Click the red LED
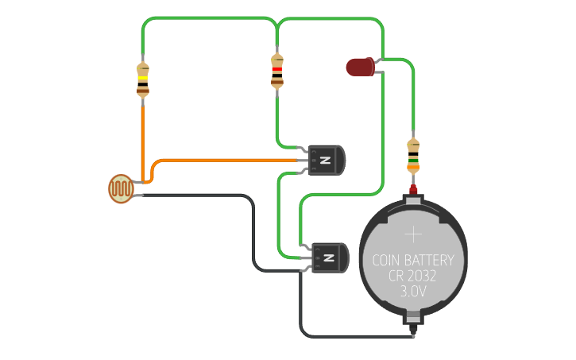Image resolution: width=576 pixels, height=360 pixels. [361, 68]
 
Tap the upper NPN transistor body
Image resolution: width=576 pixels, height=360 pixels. [327, 160]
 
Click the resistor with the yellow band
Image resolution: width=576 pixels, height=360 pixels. [143, 80]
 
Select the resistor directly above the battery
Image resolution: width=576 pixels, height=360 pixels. [413, 156]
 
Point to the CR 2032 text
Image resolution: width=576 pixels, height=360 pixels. [413, 276]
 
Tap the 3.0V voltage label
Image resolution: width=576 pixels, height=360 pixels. [413, 292]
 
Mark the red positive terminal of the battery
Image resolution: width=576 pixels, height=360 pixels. [413, 190]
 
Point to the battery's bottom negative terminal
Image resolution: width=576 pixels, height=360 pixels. [414, 324]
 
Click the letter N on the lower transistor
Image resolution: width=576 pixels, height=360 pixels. [330, 258]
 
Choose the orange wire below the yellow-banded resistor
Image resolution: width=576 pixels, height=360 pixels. [143, 135]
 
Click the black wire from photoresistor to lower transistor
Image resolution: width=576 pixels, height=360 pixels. [199, 195]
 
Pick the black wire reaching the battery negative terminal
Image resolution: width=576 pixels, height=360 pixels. [358, 336]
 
